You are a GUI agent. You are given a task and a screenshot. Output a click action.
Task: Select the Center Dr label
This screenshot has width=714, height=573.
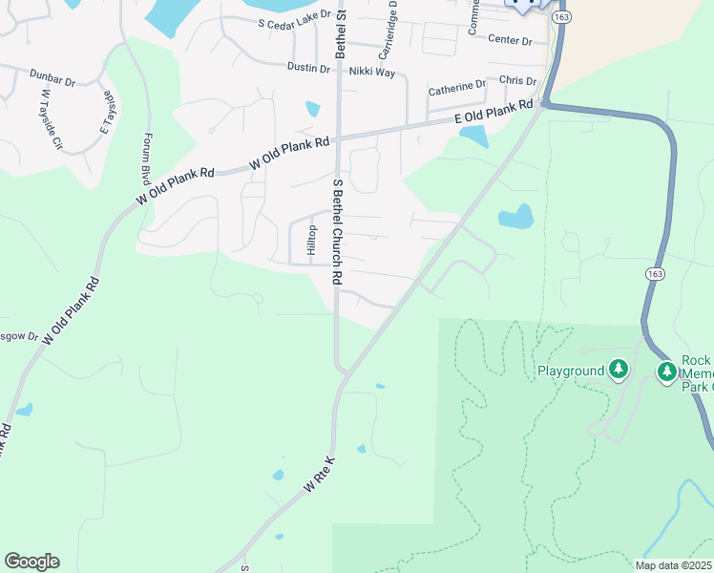point(509,40)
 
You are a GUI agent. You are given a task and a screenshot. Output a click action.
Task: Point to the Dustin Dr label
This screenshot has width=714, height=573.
point(308,69)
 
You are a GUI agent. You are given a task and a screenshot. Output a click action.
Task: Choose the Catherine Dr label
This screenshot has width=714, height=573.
point(456,88)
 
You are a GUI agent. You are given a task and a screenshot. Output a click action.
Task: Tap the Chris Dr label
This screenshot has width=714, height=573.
point(517,82)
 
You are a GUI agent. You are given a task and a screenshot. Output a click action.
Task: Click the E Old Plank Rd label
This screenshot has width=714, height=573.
point(493,115)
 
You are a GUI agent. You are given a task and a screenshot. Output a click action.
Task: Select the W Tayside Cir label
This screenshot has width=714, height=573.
point(51,120)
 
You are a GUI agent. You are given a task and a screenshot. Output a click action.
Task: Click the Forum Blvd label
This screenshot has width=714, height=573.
point(147,159)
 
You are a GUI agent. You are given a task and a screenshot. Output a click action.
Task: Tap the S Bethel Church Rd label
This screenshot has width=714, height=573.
point(337,231)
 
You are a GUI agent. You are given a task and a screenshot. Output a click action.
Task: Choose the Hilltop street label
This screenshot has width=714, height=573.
point(310,240)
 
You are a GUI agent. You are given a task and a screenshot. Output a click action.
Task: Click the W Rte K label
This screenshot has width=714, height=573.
point(321,473)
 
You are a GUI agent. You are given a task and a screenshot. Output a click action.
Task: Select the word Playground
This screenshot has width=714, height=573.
point(571,371)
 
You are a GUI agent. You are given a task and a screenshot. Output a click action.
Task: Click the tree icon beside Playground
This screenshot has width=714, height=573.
point(619,369)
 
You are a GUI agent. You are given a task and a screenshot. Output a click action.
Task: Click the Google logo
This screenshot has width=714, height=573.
point(31,562)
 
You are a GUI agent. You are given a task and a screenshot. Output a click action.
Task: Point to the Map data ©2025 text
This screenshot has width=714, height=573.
point(674,565)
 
